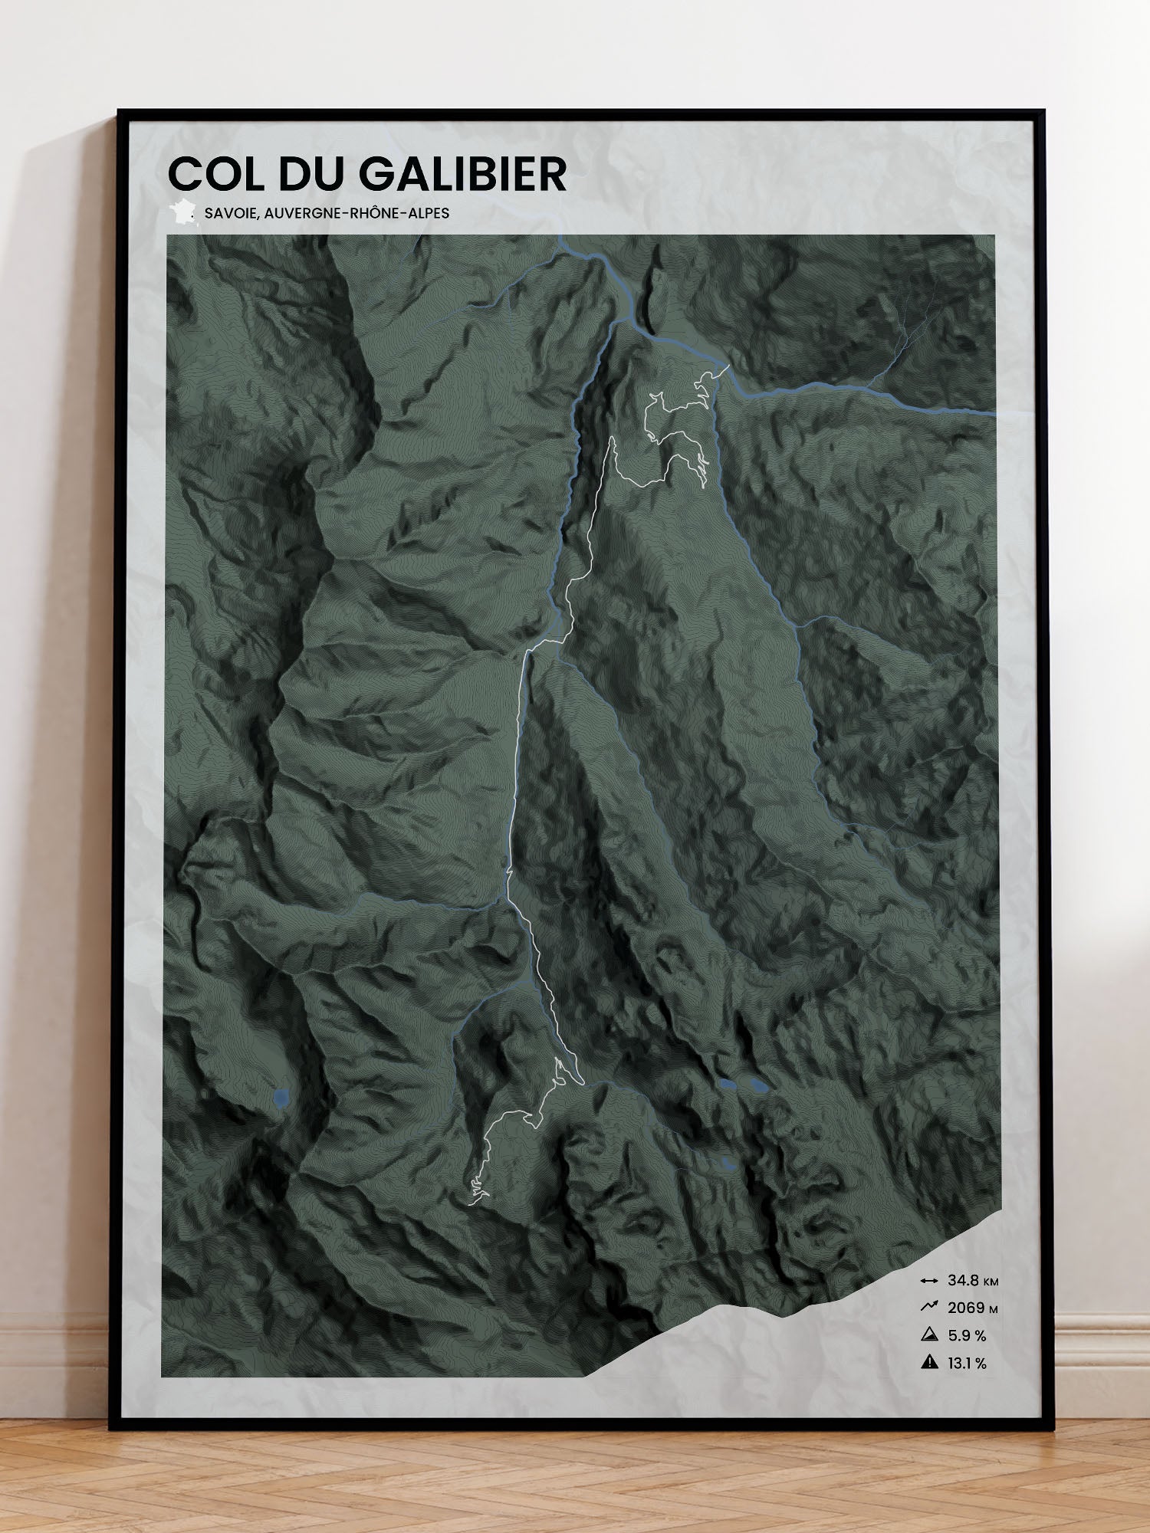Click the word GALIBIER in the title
[x=462, y=174]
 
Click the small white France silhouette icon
[x=182, y=212]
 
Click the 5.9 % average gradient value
[x=967, y=1336]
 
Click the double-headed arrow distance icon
[x=928, y=1281]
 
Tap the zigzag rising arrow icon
[x=928, y=1308]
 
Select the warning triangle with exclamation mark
[x=929, y=1363]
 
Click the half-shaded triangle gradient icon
[x=929, y=1335]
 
